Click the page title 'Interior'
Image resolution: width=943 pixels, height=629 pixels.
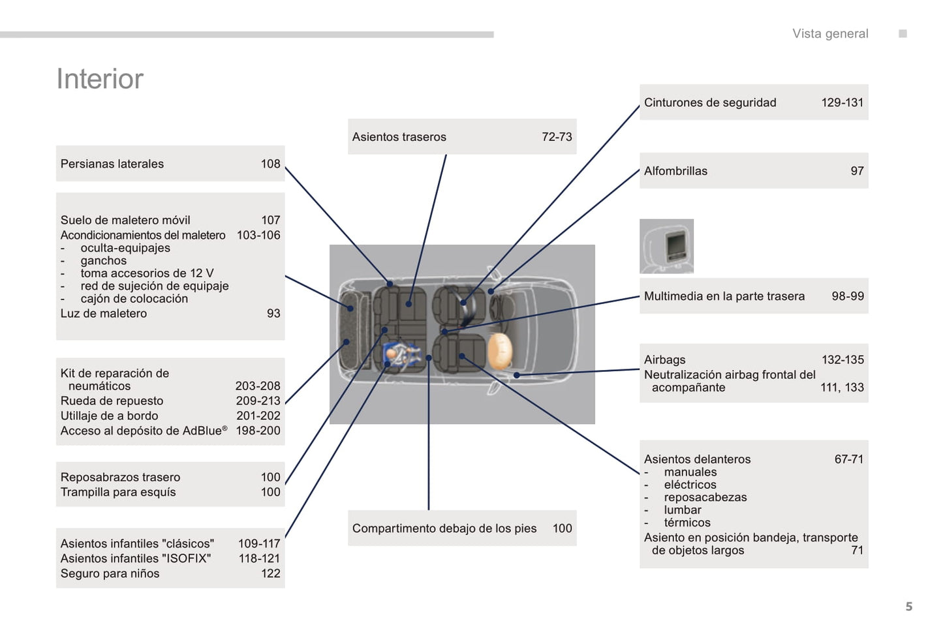click(100, 79)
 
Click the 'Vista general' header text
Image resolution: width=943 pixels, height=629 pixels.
click(829, 34)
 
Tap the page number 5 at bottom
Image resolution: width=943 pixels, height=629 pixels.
click(908, 607)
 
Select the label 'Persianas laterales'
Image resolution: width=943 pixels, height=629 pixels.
click(112, 164)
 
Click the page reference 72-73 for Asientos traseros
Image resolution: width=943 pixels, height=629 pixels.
click(556, 137)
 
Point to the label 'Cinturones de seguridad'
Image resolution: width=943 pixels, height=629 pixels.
click(710, 102)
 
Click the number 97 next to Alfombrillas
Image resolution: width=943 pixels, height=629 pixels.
click(856, 171)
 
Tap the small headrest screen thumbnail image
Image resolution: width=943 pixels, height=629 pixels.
click(666, 246)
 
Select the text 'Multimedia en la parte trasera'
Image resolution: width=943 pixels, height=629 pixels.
click(724, 296)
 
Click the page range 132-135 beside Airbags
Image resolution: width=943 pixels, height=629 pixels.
click(842, 360)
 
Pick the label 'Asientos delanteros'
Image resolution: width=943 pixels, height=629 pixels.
click(697, 459)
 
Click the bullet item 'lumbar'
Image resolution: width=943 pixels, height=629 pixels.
click(683, 510)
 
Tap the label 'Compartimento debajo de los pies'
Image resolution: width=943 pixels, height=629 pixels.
click(444, 529)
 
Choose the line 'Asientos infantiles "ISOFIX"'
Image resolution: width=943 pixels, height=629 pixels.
click(136, 559)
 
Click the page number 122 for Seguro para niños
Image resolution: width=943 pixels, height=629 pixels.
click(270, 574)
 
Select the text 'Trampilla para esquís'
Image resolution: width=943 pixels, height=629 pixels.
click(118, 492)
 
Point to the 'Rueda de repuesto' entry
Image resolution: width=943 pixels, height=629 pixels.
click(112, 401)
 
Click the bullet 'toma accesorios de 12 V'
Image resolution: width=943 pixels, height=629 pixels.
click(147, 273)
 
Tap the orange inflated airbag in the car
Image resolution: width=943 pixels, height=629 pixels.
click(500, 352)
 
